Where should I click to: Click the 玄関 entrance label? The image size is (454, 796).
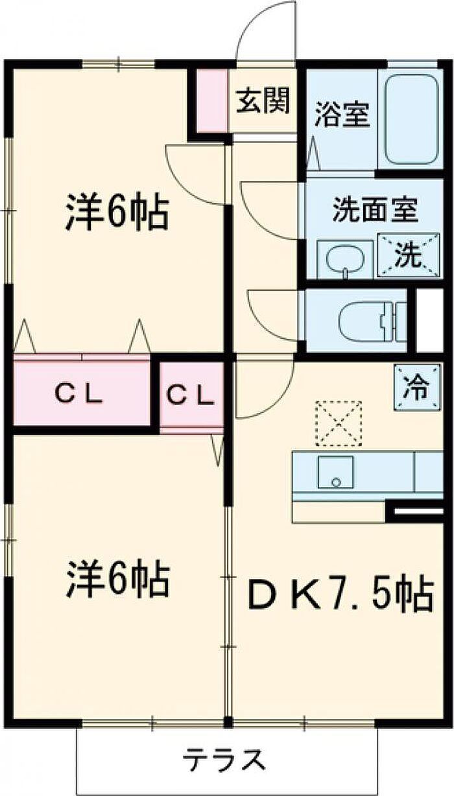[263, 100]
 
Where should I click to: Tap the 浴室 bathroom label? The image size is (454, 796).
[342, 115]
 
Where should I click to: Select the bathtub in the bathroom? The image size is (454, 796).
[411, 119]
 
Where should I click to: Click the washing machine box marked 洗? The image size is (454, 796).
[409, 255]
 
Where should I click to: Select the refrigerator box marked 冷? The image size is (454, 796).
[417, 388]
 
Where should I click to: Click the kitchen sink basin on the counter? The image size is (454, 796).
[336, 472]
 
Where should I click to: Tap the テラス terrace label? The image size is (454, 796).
[224, 758]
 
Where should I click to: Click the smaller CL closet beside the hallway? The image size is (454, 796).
[191, 394]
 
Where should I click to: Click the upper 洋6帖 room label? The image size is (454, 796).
[117, 213]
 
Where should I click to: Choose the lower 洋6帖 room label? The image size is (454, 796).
[117, 579]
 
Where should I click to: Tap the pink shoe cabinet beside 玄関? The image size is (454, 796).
[212, 100]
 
